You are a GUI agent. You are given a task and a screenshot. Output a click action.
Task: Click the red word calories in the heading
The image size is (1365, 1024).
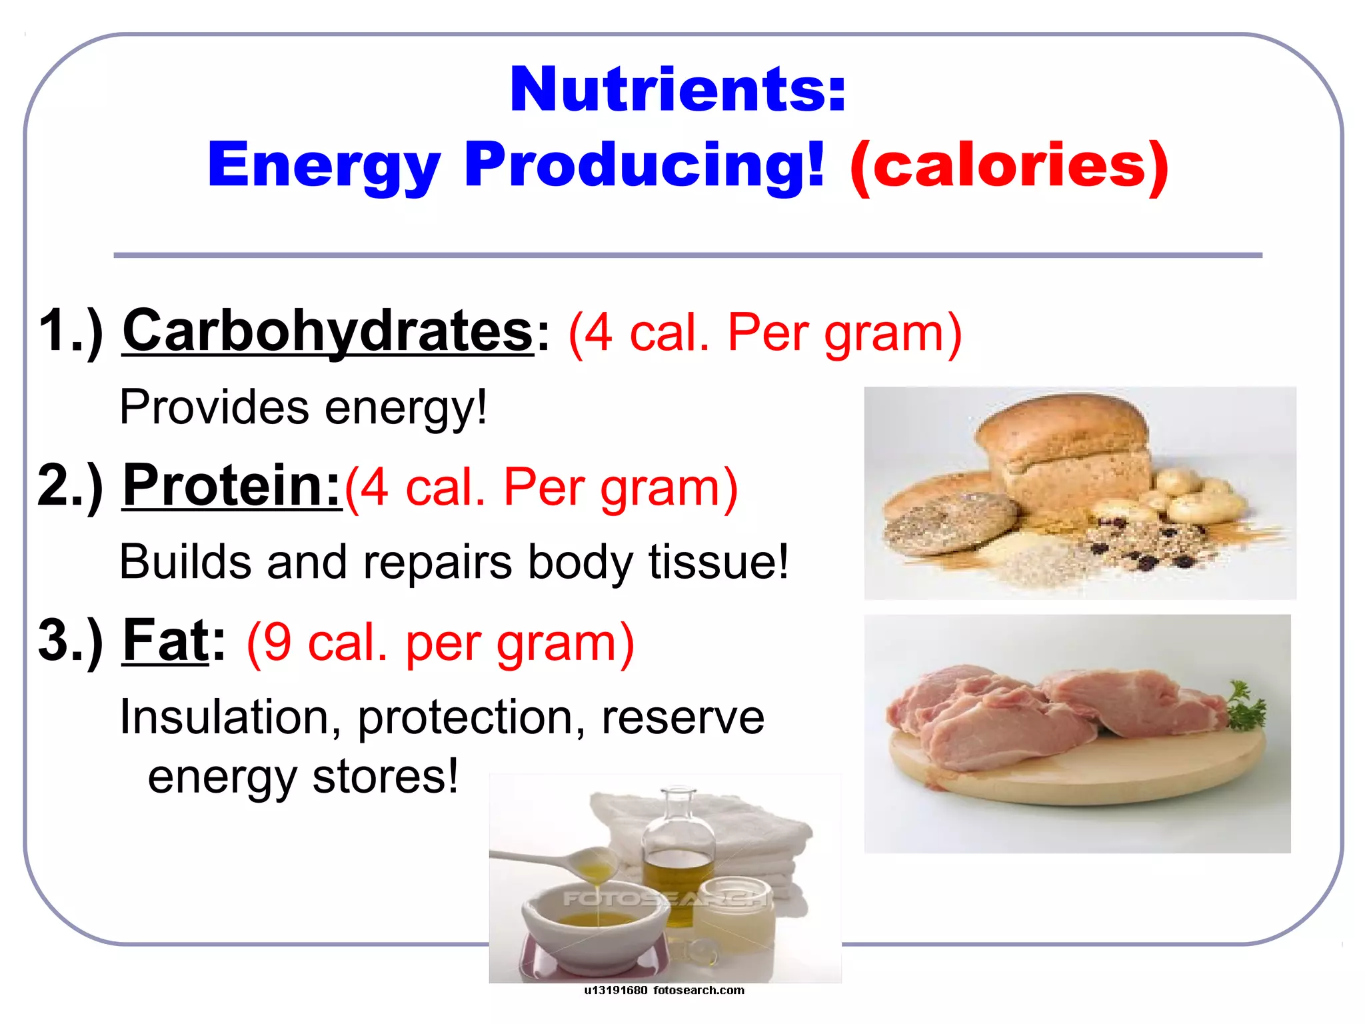(1009, 165)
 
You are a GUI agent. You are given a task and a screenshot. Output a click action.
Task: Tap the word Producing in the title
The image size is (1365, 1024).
(644, 165)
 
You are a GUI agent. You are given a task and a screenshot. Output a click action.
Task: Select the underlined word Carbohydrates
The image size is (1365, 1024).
(328, 331)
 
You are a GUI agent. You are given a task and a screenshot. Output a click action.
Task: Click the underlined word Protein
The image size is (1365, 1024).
(231, 486)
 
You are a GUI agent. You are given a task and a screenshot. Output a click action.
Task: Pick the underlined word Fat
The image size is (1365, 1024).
(166, 641)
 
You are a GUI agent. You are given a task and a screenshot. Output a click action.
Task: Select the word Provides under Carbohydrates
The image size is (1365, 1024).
(214, 407)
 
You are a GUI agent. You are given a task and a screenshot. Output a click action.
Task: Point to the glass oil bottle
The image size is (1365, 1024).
(679, 847)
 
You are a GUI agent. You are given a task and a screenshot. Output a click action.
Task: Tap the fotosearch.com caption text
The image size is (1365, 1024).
(698, 991)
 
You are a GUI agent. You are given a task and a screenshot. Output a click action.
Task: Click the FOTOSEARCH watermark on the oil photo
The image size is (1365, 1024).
(665, 899)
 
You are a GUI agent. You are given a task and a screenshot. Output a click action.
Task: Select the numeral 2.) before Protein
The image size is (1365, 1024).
(70, 486)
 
